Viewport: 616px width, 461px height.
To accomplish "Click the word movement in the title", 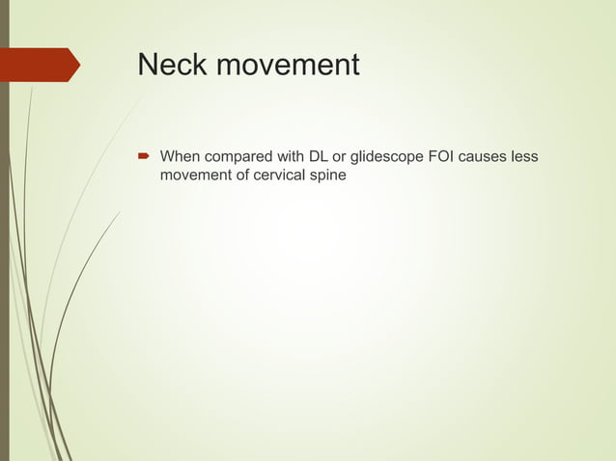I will [288, 66].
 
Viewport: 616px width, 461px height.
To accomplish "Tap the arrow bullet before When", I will [143, 156].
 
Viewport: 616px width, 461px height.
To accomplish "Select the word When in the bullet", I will [180, 156].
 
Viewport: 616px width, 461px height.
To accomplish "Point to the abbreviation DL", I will [319, 156].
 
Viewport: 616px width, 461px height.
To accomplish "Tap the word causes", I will [487, 156].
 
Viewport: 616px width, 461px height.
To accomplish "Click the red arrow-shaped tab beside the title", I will [43, 65].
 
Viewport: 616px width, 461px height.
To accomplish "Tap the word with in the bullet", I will [290, 156].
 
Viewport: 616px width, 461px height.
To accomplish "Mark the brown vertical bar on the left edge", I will [4, 231].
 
